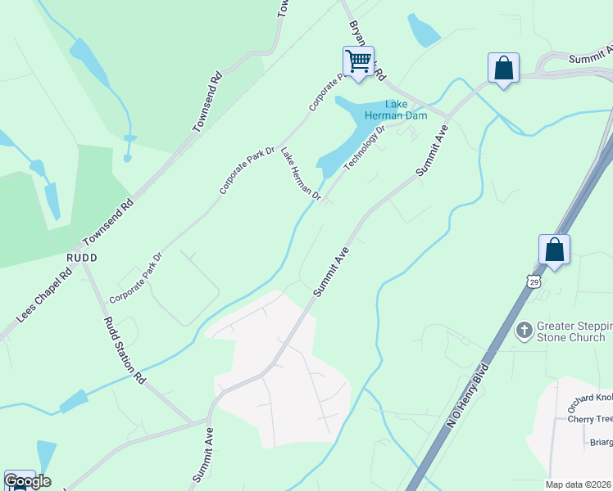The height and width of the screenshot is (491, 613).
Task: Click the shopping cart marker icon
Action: [x=358, y=61]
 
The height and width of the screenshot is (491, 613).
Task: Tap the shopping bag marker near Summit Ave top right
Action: [x=503, y=68]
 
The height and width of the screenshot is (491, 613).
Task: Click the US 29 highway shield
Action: [x=534, y=282]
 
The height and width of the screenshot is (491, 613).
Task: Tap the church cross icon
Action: [x=524, y=331]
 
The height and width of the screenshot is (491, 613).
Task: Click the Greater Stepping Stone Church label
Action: [x=571, y=331]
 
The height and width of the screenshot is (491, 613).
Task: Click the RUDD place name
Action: [x=82, y=257]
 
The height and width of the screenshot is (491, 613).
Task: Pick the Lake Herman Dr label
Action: [x=301, y=173]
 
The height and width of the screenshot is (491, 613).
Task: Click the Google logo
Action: [x=27, y=481]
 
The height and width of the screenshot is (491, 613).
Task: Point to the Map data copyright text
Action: [x=579, y=484]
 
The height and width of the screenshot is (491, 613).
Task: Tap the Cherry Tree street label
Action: [x=589, y=419]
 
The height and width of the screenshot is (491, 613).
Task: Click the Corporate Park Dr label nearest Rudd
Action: [x=136, y=278]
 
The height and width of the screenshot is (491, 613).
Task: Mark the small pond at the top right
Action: [x=424, y=30]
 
